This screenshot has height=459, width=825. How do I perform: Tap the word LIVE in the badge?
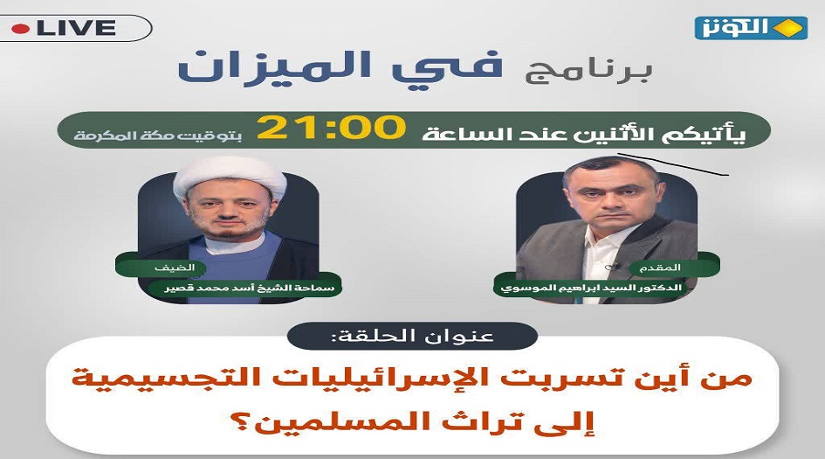click(x=76, y=28)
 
